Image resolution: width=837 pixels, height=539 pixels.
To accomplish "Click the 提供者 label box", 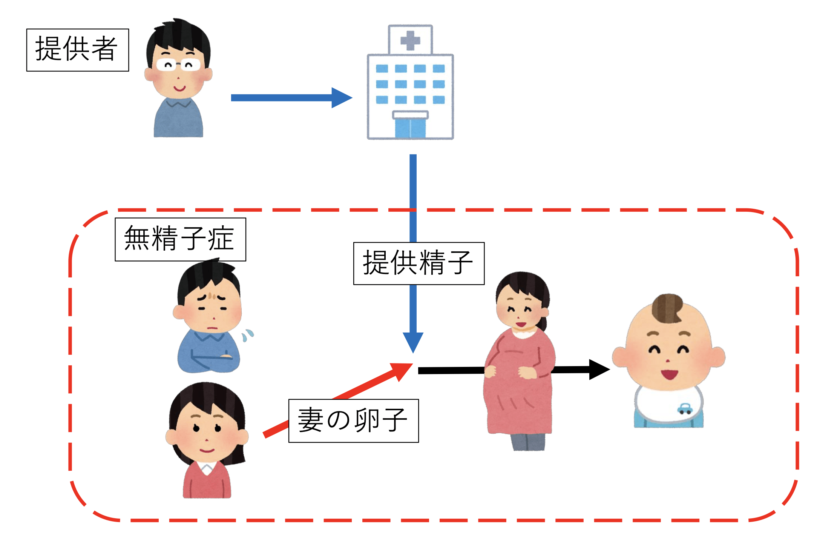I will tap(77, 50).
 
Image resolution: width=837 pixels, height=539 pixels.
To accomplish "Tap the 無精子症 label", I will tap(180, 239).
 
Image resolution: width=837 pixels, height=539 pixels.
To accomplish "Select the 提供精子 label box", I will tap(418, 263).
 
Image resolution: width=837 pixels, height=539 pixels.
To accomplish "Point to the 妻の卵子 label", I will tap(353, 420).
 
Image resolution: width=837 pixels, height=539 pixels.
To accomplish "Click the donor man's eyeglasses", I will tap(178, 65).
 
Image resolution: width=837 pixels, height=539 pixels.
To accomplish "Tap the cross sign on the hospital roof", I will tap(410, 40).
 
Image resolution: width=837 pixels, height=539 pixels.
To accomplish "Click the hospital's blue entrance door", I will tap(410, 128).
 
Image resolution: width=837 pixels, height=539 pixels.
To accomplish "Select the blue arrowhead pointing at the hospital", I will tap(341, 98).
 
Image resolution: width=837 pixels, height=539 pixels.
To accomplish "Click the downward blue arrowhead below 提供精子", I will tap(413, 341).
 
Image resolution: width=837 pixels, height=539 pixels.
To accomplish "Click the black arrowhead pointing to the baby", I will tap(598, 369).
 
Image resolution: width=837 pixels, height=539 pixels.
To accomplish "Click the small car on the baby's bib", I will tap(684, 409).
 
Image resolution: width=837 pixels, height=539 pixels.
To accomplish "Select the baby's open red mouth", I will tap(669, 375).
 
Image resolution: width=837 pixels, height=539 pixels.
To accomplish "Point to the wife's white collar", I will tap(207, 468).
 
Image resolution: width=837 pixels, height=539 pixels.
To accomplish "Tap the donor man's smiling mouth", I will tap(179, 89).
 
